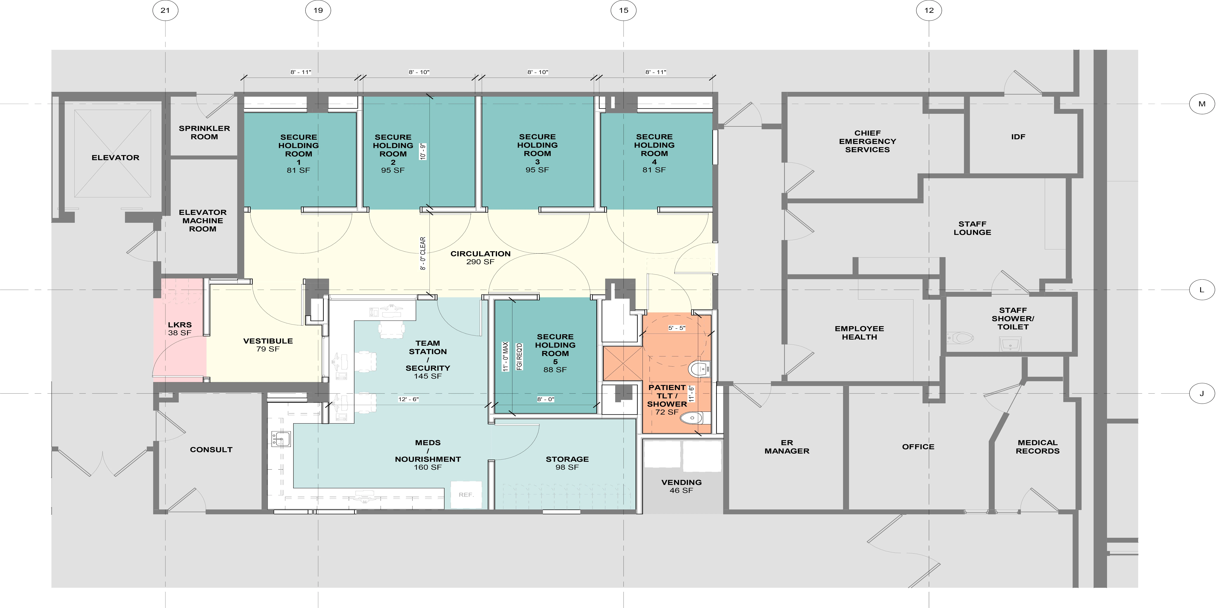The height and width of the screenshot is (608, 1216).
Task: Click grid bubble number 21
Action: pos(165,10)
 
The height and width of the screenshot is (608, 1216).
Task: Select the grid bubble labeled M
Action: pos(1202,104)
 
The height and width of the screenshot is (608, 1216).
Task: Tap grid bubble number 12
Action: pos(929,10)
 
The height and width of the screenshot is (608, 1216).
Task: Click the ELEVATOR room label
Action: pos(116,158)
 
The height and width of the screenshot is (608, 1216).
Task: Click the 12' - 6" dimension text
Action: pos(408,399)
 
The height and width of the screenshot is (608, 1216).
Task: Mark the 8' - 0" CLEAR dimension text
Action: pos(423,253)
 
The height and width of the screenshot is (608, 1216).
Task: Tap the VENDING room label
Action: pos(681,482)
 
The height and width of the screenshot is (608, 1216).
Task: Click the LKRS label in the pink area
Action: pos(180,325)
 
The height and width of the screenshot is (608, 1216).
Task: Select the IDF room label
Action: pos(1018,137)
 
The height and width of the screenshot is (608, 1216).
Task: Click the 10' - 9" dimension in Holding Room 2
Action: pos(423,152)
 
